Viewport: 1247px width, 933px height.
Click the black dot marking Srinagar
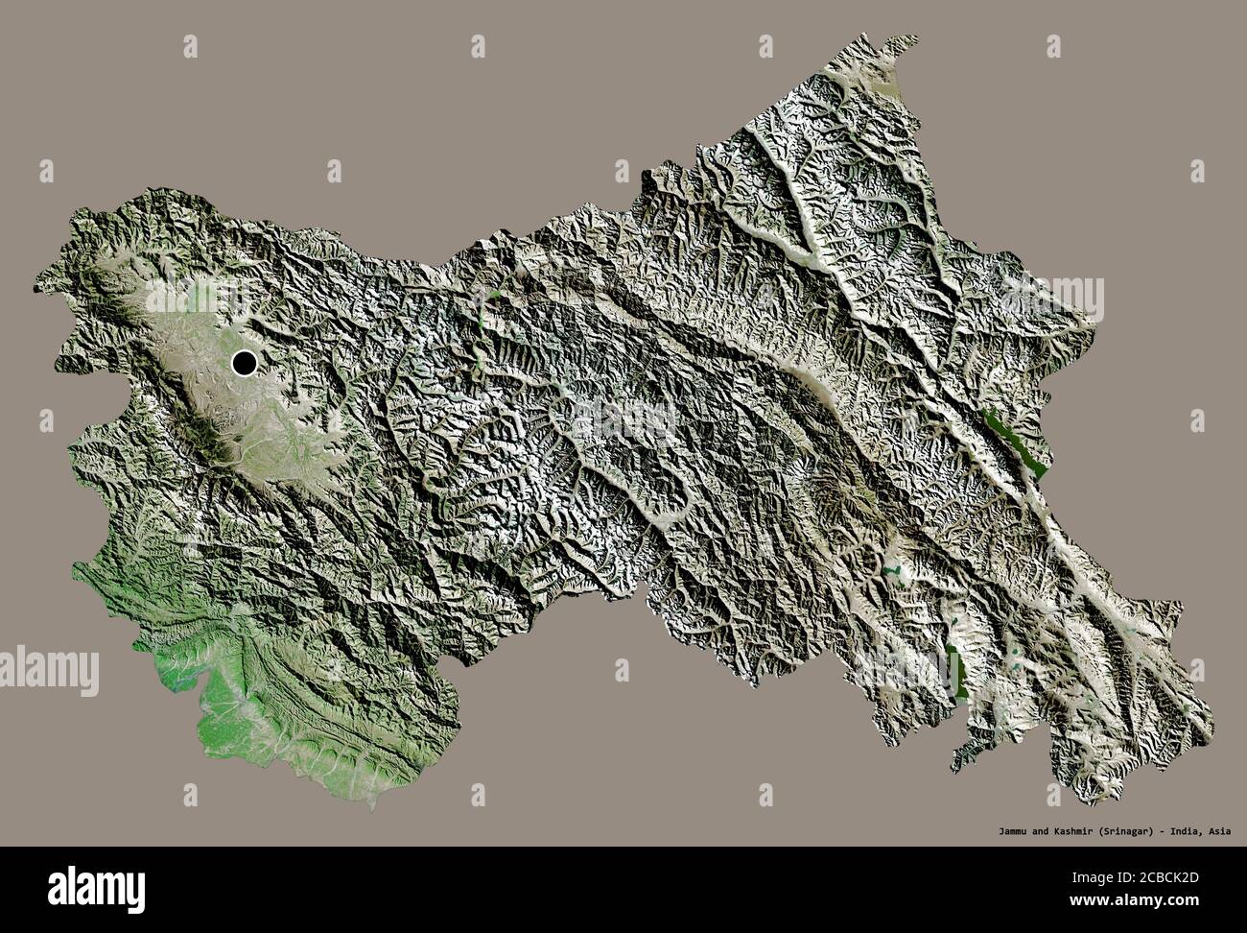[x=244, y=363]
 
